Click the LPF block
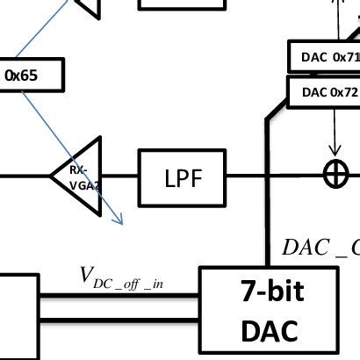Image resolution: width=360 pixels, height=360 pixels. point(183,178)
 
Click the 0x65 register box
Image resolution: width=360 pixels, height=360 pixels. point(26,76)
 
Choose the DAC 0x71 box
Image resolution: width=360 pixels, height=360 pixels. point(325,56)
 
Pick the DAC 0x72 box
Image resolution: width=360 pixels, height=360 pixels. point(325,91)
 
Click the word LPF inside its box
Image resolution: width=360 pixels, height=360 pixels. point(183,179)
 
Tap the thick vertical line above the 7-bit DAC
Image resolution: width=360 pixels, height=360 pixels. point(267,220)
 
